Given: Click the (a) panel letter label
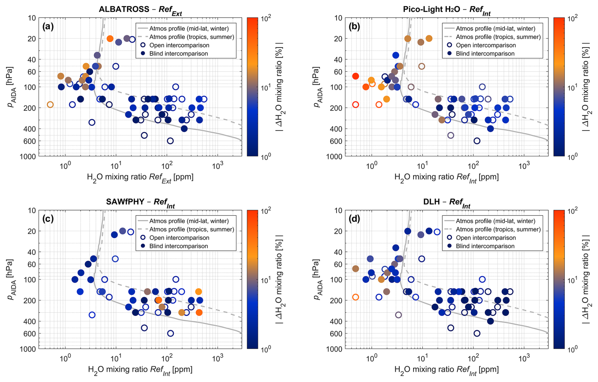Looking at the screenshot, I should click(x=48, y=27).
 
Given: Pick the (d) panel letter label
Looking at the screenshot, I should click(x=354, y=219).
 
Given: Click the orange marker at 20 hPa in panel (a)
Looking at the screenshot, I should click(x=110, y=39).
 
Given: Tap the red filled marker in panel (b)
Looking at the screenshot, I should click(x=356, y=76).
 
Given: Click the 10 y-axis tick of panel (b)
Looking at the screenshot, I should click(x=339, y=18).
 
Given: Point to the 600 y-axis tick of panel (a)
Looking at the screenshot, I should click(x=31, y=141).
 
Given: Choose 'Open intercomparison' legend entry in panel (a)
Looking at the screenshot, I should click(x=179, y=45).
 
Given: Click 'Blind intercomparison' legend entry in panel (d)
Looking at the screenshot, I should click(x=485, y=246).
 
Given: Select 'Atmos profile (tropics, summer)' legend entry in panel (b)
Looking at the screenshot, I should click(x=498, y=37).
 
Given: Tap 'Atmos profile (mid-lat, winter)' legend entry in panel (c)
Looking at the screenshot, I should click(x=189, y=221).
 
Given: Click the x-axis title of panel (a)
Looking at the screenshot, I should click(x=140, y=177).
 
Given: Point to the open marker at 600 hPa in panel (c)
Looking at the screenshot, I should click(x=170, y=333).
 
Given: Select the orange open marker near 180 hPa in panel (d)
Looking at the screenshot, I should click(x=356, y=297).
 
